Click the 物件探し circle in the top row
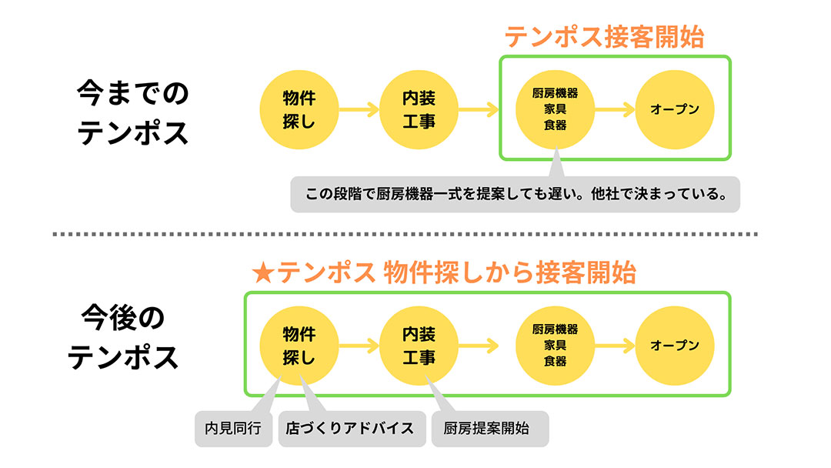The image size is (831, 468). [299, 110]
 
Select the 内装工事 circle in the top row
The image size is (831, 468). [419, 110]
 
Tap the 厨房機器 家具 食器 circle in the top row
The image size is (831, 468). [555, 110]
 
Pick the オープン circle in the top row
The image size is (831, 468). [675, 110]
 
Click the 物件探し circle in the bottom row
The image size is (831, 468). [299, 346]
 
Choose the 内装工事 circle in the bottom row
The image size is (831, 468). [419, 346]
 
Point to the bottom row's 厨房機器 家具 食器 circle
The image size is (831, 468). [555, 346]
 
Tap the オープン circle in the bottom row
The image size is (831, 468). [675, 346]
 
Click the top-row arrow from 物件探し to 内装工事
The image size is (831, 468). [359, 110]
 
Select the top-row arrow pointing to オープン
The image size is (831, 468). [615, 110]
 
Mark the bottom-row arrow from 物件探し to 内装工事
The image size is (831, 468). [359, 346]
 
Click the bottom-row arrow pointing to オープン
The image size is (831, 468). [615, 346]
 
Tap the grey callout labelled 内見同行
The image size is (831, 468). [233, 428]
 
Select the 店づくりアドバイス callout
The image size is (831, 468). [352, 428]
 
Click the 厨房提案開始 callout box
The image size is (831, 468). [489, 428]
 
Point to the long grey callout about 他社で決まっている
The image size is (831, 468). [515, 194]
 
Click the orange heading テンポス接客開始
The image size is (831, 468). [604, 37]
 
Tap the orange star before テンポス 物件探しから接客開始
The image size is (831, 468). [263, 273]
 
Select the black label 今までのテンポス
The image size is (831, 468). [132, 112]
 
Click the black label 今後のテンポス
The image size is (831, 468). [123, 337]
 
